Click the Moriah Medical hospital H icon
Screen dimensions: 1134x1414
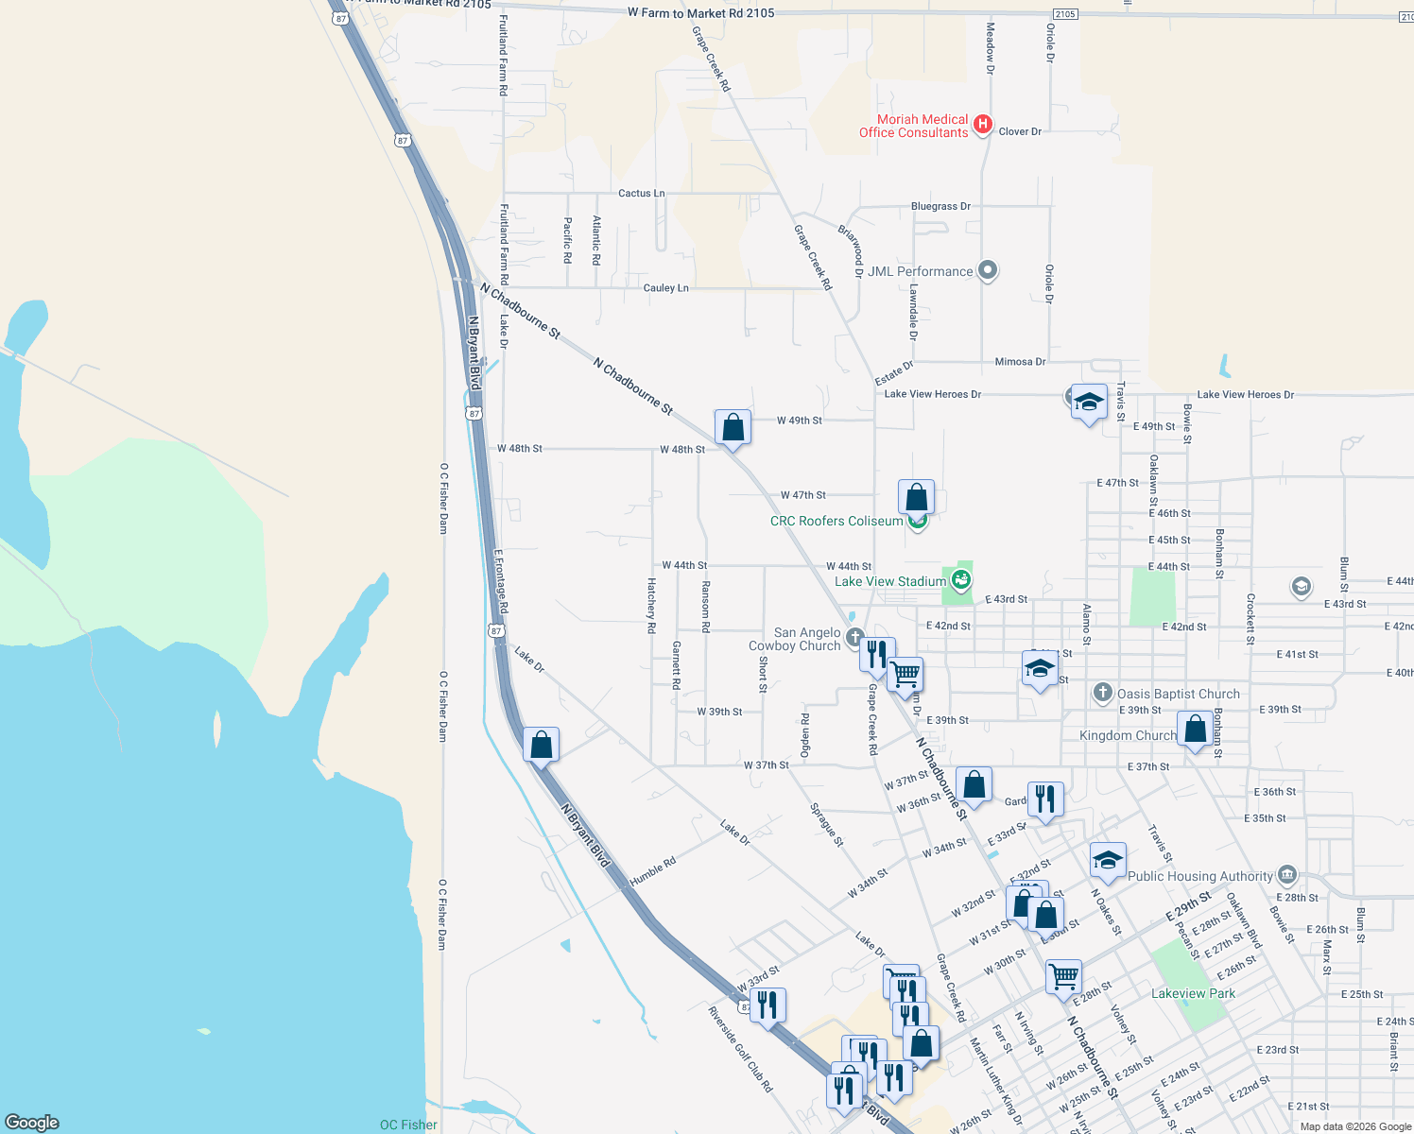(x=983, y=124)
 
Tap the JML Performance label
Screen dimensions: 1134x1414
(x=920, y=271)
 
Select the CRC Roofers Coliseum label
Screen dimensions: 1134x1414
(x=836, y=521)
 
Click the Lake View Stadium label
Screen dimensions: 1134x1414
(x=889, y=581)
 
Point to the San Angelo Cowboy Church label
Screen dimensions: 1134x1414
(x=807, y=639)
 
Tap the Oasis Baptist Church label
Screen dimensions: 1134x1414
(x=1178, y=694)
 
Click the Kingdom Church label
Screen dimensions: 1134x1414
(x=1128, y=735)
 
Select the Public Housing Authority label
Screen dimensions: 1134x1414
(x=1200, y=876)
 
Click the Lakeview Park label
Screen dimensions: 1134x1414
(x=1193, y=993)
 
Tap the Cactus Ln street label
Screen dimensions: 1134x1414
(x=641, y=193)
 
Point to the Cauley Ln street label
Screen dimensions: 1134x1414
(x=665, y=288)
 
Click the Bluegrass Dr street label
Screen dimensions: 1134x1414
(x=940, y=206)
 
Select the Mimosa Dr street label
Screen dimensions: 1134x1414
(x=1020, y=362)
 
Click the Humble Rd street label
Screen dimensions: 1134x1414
(x=653, y=870)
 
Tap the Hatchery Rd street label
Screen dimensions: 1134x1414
(x=651, y=598)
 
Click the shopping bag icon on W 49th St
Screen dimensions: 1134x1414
(x=733, y=428)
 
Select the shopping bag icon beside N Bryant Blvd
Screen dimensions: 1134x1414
(x=541, y=746)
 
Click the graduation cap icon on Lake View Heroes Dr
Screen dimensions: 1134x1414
(x=1089, y=403)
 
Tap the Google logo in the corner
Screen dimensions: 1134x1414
(x=32, y=1123)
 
